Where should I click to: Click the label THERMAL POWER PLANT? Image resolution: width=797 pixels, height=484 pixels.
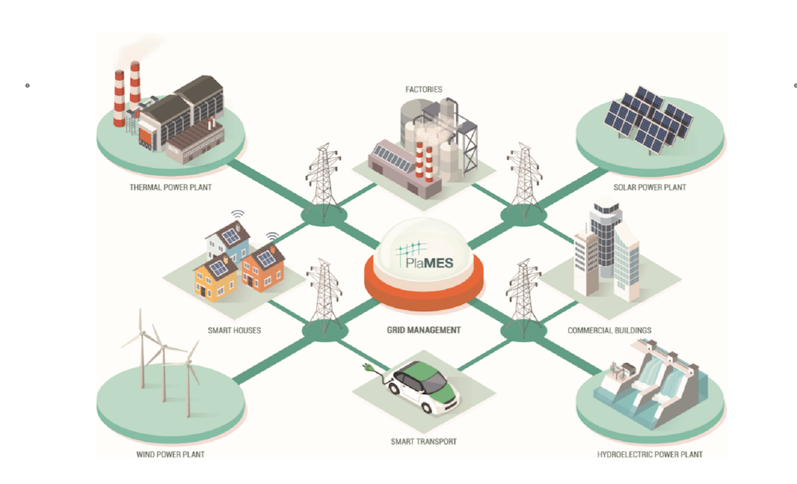click(171, 188)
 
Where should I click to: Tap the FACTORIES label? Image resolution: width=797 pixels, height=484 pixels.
click(423, 89)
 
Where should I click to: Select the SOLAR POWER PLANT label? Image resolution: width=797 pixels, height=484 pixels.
click(650, 188)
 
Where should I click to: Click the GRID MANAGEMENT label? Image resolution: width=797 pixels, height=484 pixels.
click(422, 330)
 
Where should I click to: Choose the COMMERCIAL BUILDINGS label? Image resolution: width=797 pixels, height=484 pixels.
click(610, 330)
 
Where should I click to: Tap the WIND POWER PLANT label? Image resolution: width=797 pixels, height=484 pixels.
click(171, 455)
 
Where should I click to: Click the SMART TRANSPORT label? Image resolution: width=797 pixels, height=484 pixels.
click(423, 441)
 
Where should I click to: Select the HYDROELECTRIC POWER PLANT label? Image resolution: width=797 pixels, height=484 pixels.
click(650, 455)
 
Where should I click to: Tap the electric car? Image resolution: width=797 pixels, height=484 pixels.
click(426, 387)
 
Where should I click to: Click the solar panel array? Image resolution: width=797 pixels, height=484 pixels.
click(648, 121)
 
